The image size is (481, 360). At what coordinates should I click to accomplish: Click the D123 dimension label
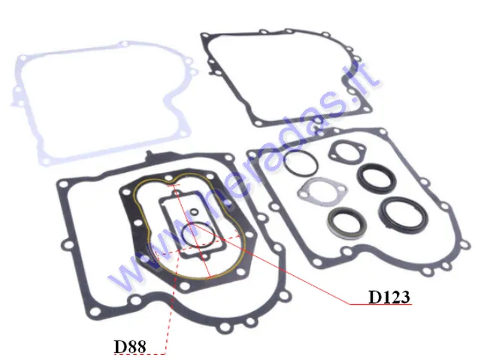coord(389,297)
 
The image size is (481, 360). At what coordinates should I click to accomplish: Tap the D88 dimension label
coord(130,346)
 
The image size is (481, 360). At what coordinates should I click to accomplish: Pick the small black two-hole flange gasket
coord(347,152)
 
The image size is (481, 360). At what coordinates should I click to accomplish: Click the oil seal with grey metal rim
coord(344,223)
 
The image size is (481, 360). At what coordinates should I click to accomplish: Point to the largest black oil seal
coord(403,215)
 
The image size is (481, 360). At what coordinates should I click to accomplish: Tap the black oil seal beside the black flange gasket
coord(377,178)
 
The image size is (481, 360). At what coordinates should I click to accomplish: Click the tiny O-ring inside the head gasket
coord(194,211)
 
